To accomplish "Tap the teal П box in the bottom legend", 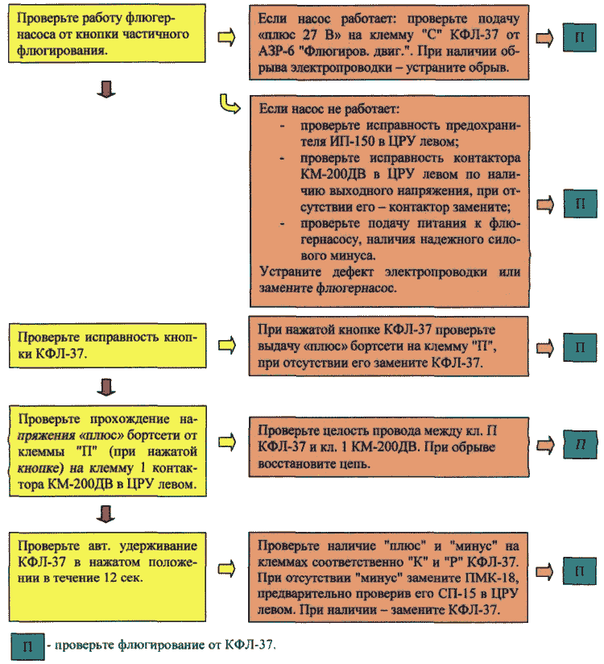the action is coord(27,646).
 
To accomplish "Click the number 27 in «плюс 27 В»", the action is coord(311,35).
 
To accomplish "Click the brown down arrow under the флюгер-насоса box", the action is coord(105,89).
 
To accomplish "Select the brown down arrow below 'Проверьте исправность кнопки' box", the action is coord(105,387).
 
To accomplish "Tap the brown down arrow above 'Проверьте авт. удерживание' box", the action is coord(105,513).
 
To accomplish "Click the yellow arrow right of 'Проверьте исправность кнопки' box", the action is coord(227,346).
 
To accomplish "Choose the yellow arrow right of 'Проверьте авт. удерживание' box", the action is coord(227,568).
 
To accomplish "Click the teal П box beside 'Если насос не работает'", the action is coord(580,204).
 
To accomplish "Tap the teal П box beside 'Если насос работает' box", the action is coord(580,38).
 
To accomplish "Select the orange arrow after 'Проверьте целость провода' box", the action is coord(545,445).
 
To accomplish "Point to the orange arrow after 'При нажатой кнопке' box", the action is coord(545,347).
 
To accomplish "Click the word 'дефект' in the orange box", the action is coord(353,272).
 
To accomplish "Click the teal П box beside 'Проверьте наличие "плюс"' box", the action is coord(580,571).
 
